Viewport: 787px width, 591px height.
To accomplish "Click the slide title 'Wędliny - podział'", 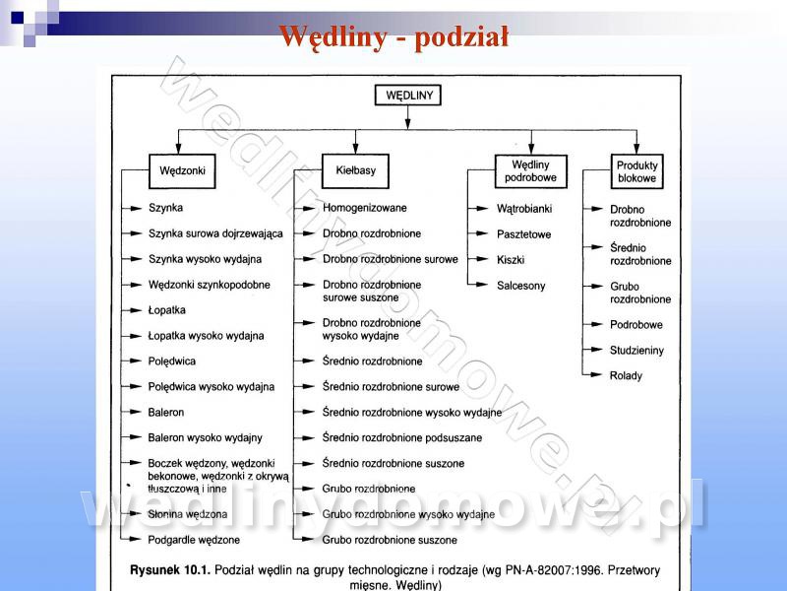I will click(x=393, y=36).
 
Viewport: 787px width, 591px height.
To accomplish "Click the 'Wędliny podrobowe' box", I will click(x=530, y=170).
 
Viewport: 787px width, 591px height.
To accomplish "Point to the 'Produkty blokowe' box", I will click(x=637, y=172).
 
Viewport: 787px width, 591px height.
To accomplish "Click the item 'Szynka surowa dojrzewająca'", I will click(x=215, y=233).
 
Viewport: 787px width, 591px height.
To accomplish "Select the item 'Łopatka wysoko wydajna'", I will click(x=206, y=336).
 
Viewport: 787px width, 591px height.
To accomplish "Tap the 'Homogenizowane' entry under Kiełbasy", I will click(x=364, y=208).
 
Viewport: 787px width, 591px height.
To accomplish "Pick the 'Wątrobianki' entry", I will click(x=524, y=209).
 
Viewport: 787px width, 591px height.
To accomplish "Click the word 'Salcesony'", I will click(x=521, y=286).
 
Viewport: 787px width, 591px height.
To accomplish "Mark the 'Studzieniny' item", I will click(x=636, y=350).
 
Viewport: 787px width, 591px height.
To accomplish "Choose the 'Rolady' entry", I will click(x=626, y=375).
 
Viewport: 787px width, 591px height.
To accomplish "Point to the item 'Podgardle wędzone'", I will click(x=194, y=541).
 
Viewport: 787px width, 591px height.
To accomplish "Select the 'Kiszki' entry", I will click(x=511, y=260).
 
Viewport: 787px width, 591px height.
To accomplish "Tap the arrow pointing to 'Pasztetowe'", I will click(x=478, y=234).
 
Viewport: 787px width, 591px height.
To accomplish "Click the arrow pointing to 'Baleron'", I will click(x=134, y=413).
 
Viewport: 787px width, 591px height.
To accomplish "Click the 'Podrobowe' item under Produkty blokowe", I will click(x=636, y=324).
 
